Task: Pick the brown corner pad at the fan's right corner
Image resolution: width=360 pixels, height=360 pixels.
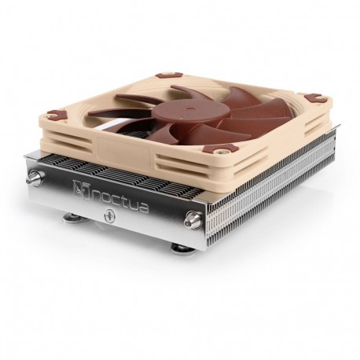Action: click(x=315, y=98)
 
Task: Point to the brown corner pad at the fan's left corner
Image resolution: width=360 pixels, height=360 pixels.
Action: click(x=53, y=115)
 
